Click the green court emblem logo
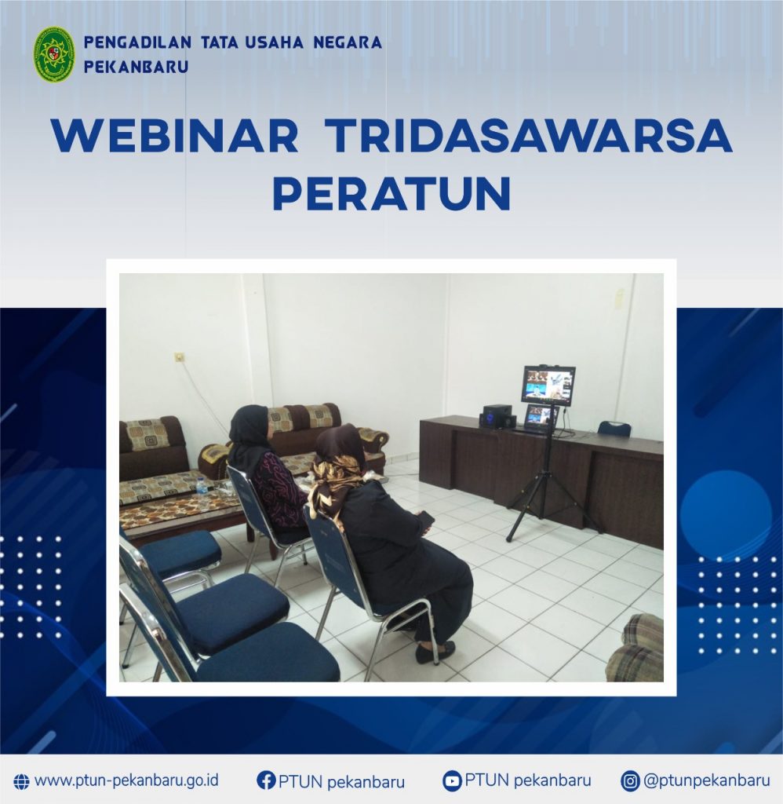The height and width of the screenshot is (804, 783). click(54, 55)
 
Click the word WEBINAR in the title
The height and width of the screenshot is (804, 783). click(175, 136)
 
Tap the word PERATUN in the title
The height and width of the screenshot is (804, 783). click(391, 194)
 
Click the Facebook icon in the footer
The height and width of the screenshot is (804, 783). click(266, 780)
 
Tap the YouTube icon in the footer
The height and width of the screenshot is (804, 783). click(451, 780)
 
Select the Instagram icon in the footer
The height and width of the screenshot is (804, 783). click(630, 781)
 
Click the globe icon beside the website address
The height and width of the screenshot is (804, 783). click(21, 781)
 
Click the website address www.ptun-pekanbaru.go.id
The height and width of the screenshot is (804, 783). click(126, 780)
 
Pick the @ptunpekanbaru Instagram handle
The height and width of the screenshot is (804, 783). click(707, 780)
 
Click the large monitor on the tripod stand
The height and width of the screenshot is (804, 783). click(548, 385)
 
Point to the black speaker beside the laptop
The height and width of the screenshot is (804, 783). click(494, 415)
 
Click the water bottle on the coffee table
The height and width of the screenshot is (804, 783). click(201, 484)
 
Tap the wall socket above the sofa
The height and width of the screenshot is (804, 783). click(179, 357)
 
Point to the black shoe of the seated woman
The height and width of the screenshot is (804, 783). click(435, 652)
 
